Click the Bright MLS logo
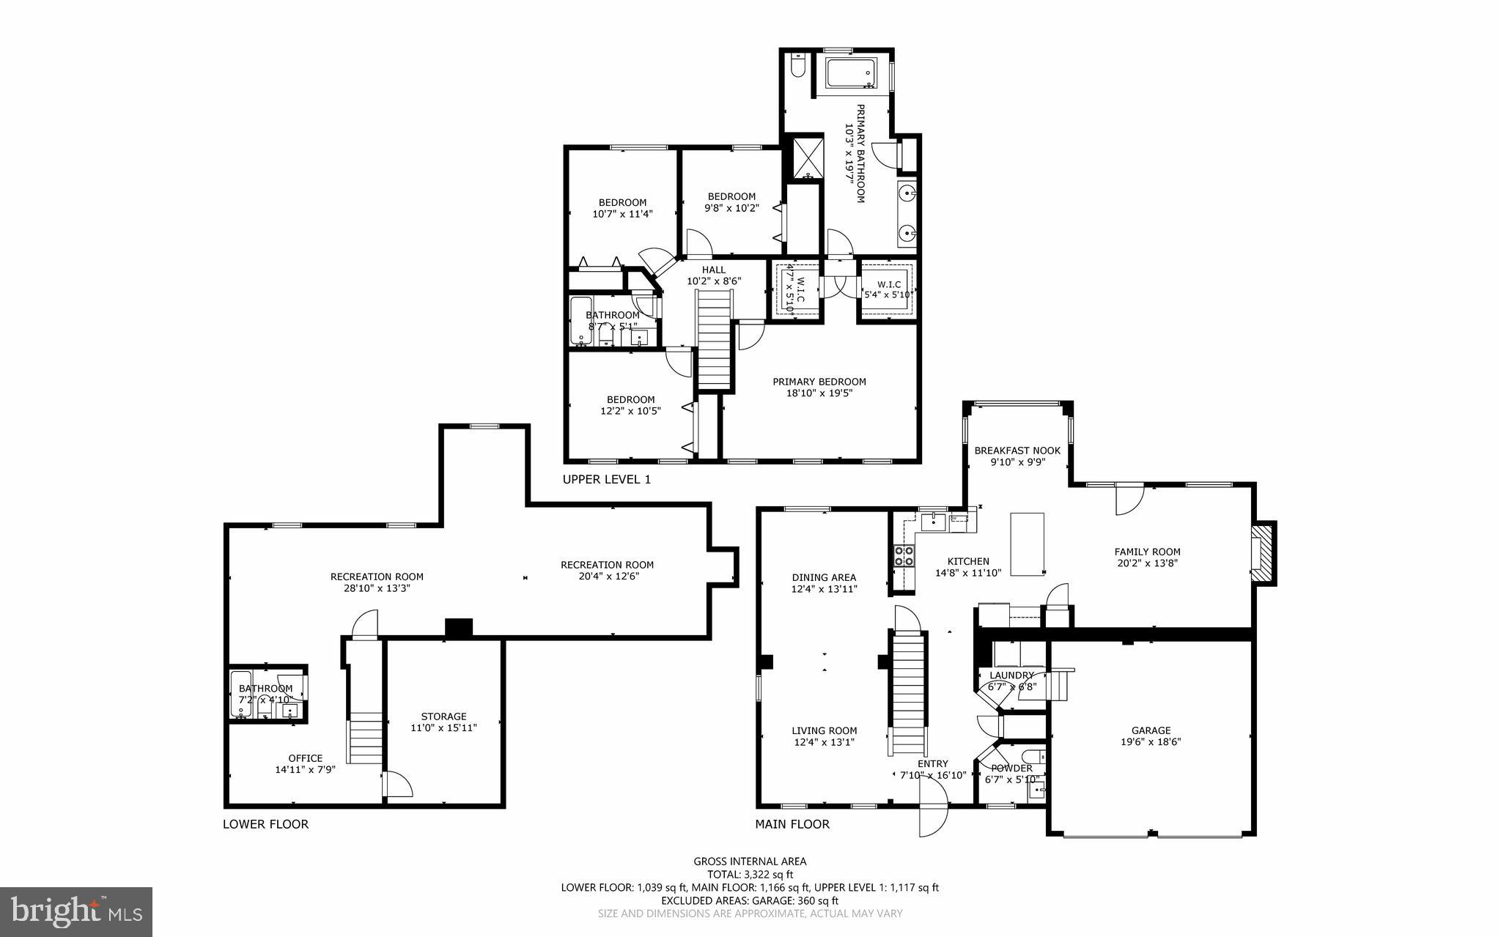tap(75, 911)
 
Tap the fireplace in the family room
tap(1262, 553)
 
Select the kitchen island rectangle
tap(1027, 544)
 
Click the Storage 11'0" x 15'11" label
tap(443, 722)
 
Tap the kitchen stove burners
tap(904, 556)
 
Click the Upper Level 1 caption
tap(606, 479)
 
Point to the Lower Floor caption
tap(265, 824)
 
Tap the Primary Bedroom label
tap(819, 387)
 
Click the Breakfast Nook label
tap(1017, 456)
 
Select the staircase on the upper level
tap(714, 339)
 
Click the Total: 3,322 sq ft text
tap(750, 874)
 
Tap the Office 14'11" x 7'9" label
tap(305, 763)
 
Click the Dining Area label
tap(824, 582)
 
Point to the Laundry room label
tap(1011, 681)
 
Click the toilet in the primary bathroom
tap(797, 67)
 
